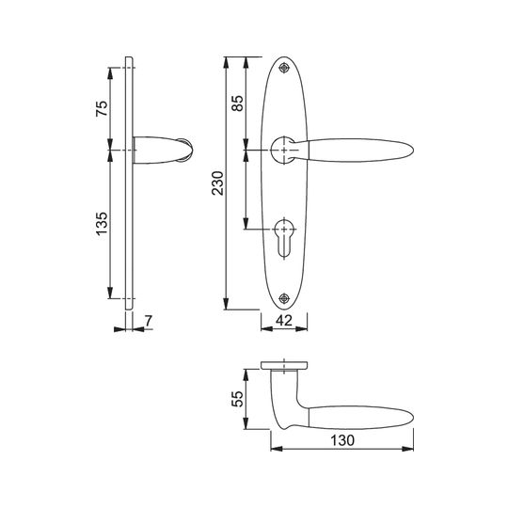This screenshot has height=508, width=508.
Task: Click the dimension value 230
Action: [217, 183]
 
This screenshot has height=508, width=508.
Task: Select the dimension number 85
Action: [237, 103]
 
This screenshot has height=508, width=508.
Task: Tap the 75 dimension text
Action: [102, 109]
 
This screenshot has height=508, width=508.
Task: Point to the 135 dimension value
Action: [102, 224]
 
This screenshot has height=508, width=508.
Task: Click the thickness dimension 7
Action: [148, 321]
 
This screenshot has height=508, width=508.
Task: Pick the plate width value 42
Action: [284, 321]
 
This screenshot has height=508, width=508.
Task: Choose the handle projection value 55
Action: [237, 399]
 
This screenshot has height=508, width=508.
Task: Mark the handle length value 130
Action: [342, 440]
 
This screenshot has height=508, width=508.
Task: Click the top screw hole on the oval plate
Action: [284, 68]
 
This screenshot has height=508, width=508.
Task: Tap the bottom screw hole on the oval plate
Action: [284, 298]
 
